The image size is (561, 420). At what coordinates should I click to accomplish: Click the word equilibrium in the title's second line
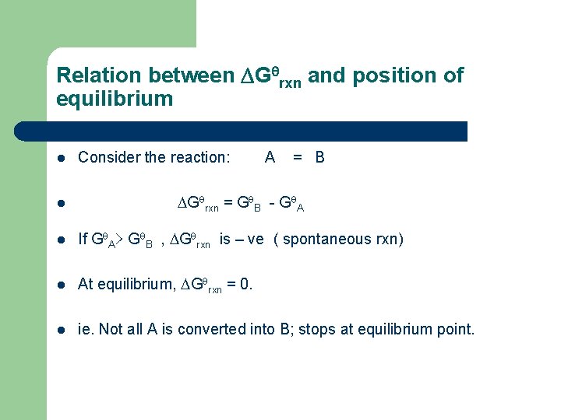click(115, 99)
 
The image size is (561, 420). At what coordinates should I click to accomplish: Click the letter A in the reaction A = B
click(270, 158)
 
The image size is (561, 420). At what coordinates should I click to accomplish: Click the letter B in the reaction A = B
click(319, 158)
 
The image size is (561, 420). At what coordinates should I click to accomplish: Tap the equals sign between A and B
click(297, 158)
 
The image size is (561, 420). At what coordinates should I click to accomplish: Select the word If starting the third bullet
click(83, 240)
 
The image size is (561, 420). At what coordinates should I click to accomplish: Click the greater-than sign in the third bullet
click(122, 240)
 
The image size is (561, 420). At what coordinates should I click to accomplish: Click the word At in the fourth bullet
click(86, 285)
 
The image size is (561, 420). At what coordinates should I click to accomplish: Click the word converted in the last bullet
click(232, 330)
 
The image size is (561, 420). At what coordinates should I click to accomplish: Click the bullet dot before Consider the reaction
click(62, 159)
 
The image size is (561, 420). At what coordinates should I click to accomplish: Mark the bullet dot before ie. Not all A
click(62, 331)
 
